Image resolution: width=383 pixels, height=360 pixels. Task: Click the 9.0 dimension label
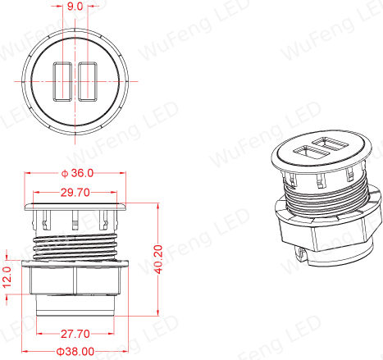pyautogui.click(x=75, y=7)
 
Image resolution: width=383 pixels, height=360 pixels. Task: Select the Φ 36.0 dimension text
pyautogui.click(x=77, y=173)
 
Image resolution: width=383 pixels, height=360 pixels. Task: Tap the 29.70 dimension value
pyautogui.click(x=75, y=193)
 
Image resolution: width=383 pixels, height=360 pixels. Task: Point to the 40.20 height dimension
pyautogui.click(x=158, y=259)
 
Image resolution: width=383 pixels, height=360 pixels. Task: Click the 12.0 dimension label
pyautogui.click(x=7, y=277)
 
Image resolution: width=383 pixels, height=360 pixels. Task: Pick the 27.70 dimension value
pyautogui.click(x=75, y=334)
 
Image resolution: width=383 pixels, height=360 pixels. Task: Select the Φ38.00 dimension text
pyautogui.click(x=75, y=352)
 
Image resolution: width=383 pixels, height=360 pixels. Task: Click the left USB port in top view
pyautogui.click(x=62, y=82)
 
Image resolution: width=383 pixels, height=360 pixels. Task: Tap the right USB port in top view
pyautogui.click(x=88, y=82)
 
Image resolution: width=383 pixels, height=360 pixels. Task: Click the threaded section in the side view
pyautogui.click(x=75, y=248)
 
